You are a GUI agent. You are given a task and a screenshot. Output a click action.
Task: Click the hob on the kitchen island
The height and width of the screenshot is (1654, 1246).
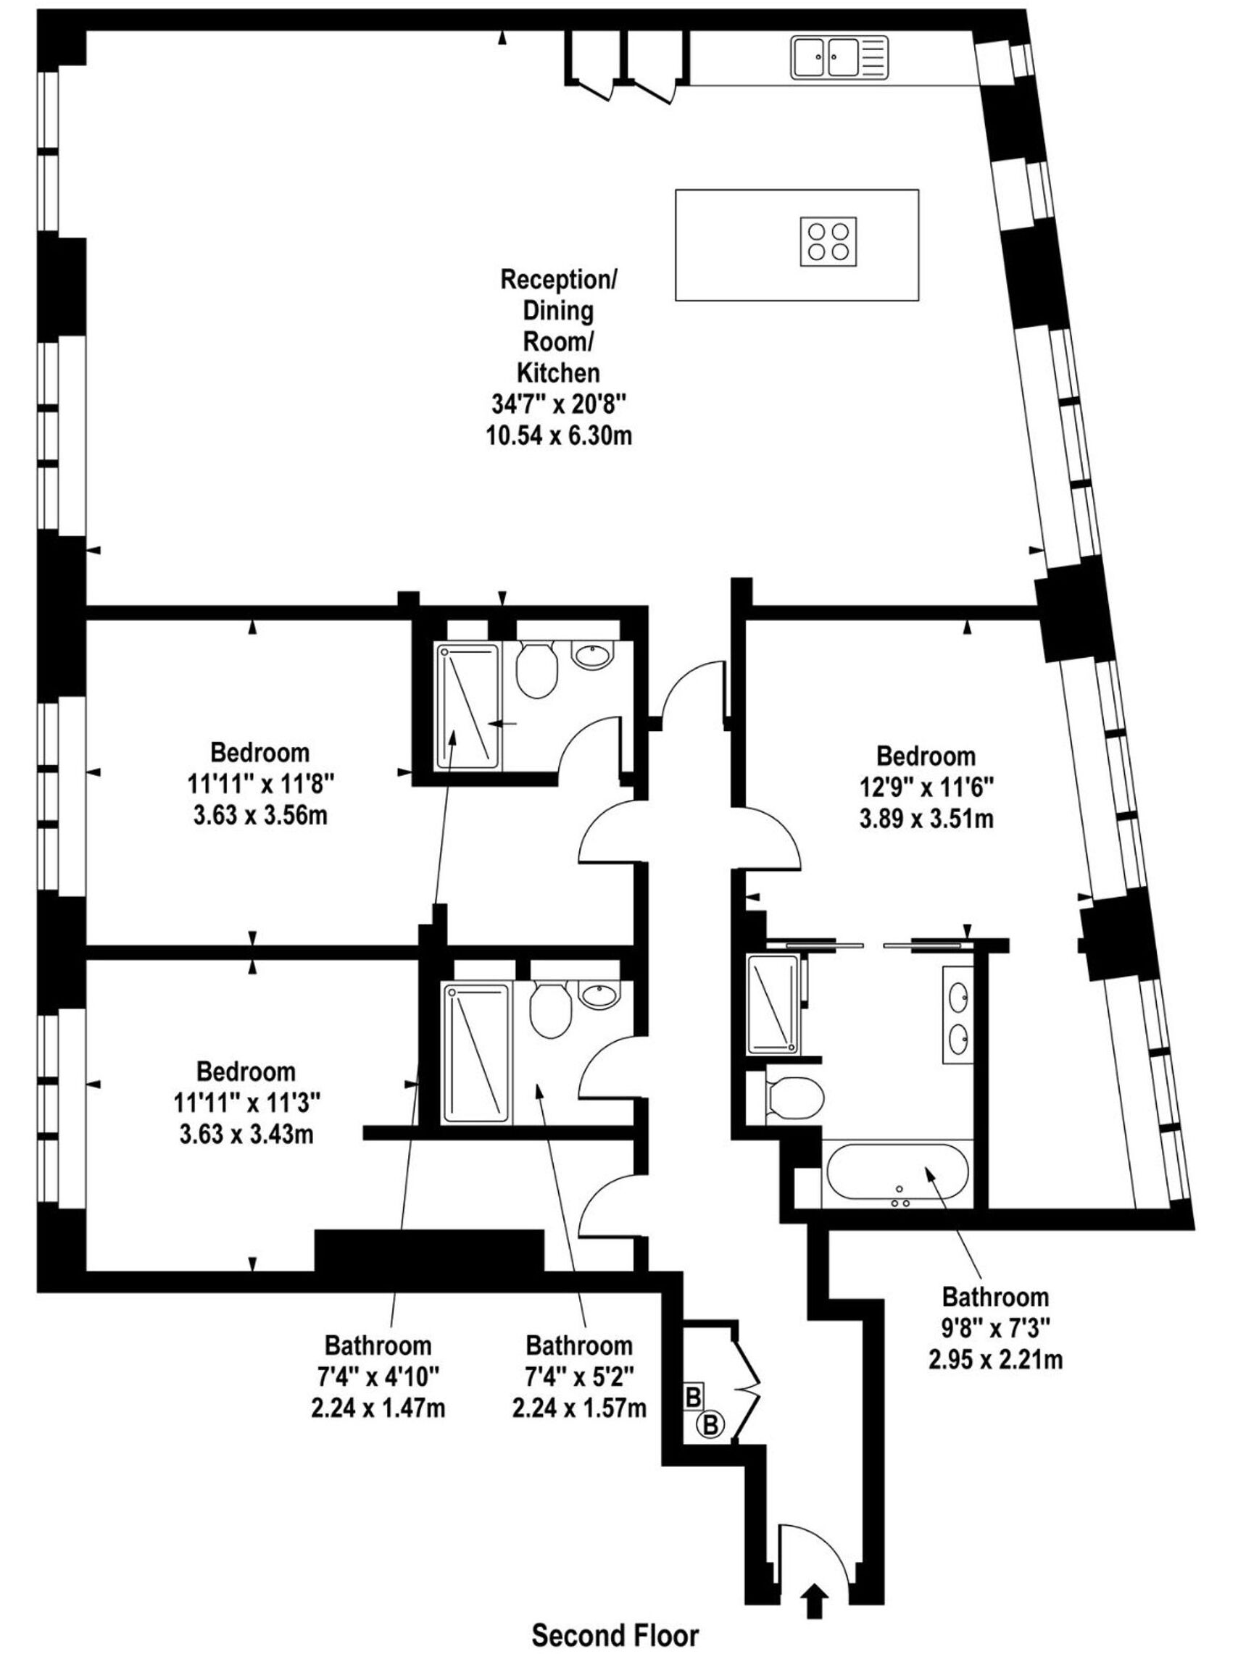click(828, 241)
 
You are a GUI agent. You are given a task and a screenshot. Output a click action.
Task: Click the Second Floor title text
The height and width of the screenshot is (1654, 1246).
click(615, 1634)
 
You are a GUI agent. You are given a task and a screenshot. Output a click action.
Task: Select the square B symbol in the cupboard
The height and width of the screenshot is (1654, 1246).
click(693, 1397)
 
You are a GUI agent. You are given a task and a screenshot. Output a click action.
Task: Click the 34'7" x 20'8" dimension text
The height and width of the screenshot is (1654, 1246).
click(558, 404)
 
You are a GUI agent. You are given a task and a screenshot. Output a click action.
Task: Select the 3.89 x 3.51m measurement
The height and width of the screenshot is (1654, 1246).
click(926, 819)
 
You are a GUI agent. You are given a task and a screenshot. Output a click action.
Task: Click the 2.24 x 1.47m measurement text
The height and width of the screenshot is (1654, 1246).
click(378, 1408)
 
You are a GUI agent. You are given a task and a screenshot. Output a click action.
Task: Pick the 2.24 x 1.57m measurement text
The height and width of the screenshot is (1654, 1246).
click(579, 1408)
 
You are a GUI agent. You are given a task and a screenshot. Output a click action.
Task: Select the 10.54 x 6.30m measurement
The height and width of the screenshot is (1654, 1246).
click(559, 436)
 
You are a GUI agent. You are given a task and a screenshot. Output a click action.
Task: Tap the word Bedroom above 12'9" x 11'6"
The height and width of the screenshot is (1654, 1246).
click(926, 756)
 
